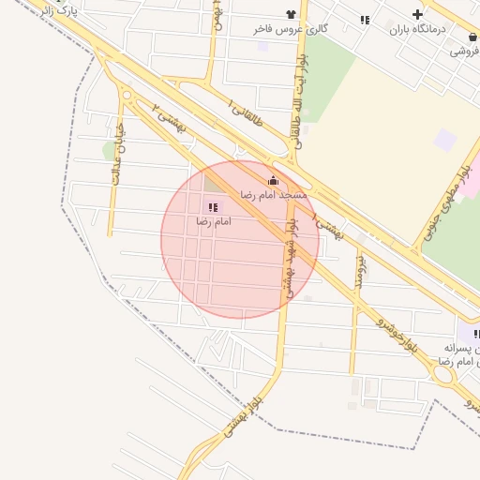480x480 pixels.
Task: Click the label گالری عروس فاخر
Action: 290,29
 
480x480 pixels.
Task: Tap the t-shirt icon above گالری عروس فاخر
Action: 291,14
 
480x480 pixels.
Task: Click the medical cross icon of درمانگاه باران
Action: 417,14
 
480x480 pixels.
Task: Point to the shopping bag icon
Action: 473,37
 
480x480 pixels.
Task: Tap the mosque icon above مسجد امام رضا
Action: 273,180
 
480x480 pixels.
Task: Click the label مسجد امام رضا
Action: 273,194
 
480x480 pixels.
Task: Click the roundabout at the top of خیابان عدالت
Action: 127,95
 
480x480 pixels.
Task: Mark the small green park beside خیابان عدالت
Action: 109,151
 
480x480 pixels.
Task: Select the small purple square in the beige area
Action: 445,140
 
